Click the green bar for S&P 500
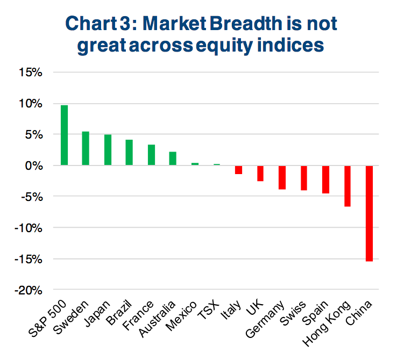click(64, 135)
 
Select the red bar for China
click(369, 213)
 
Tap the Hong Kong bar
click(348, 186)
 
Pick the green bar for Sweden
click(86, 148)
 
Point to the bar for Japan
click(108, 150)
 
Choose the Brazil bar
click(129, 153)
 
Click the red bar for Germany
click(282, 177)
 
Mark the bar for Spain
click(325, 179)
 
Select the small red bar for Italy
click(238, 170)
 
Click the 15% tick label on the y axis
click(31, 73)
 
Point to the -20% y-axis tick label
click(28, 291)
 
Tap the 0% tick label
click(33, 166)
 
